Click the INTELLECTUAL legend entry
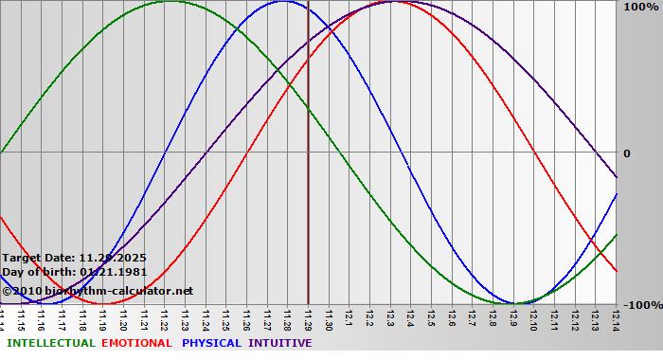51,343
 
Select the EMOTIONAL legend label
136,343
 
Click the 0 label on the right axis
626,153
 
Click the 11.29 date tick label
308,318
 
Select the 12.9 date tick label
513,318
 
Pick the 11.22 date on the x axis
165,318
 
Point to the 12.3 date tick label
390,318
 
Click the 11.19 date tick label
103,318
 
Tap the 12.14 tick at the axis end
616,318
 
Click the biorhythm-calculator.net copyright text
98,290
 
